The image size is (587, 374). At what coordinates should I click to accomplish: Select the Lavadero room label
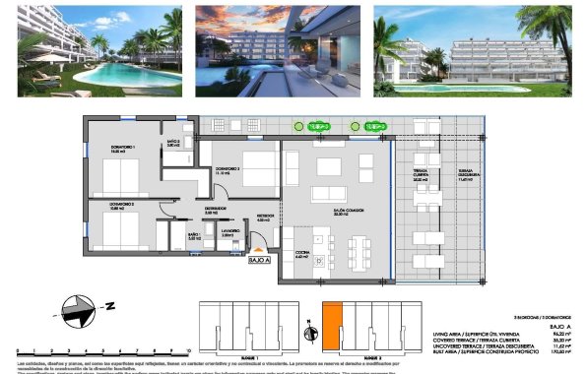coord(227,234)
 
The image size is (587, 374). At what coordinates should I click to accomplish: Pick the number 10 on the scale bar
coord(186,350)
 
